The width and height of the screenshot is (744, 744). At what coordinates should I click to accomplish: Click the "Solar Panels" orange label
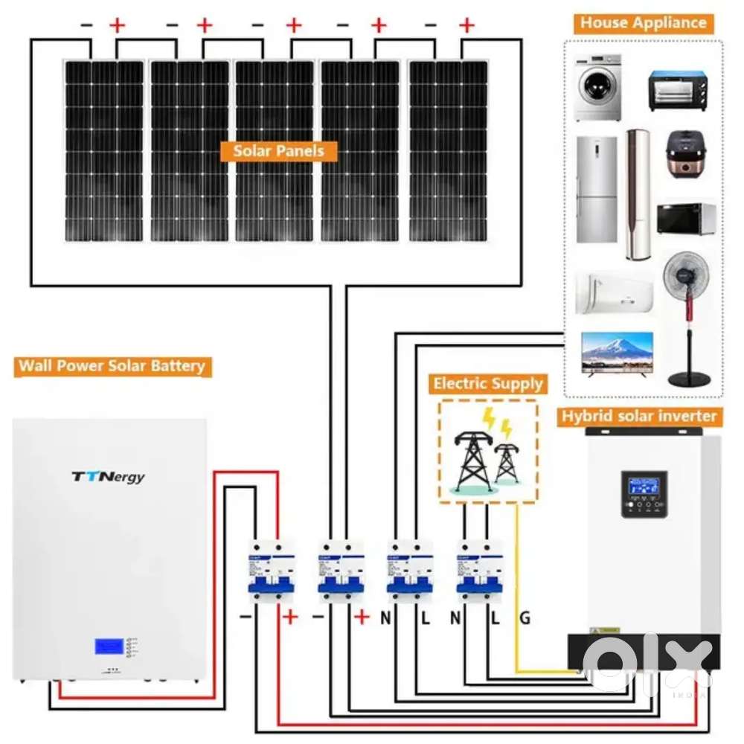pos(278,151)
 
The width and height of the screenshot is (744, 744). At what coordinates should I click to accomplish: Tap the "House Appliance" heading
pos(644,22)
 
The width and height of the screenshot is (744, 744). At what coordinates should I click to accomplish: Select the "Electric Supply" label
pos(488,384)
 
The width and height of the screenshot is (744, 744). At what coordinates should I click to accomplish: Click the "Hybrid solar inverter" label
pos(639,416)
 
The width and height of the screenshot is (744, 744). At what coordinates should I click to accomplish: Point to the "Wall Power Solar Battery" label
pos(112,366)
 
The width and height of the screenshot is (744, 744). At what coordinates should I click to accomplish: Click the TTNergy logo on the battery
pos(109,476)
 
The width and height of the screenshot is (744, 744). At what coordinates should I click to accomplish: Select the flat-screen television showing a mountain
pos(617,353)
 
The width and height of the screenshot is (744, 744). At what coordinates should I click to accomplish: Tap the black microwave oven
pos(686,218)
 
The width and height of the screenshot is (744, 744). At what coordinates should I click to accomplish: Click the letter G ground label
pos(525,618)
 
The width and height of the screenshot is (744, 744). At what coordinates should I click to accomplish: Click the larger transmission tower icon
pos(474,454)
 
